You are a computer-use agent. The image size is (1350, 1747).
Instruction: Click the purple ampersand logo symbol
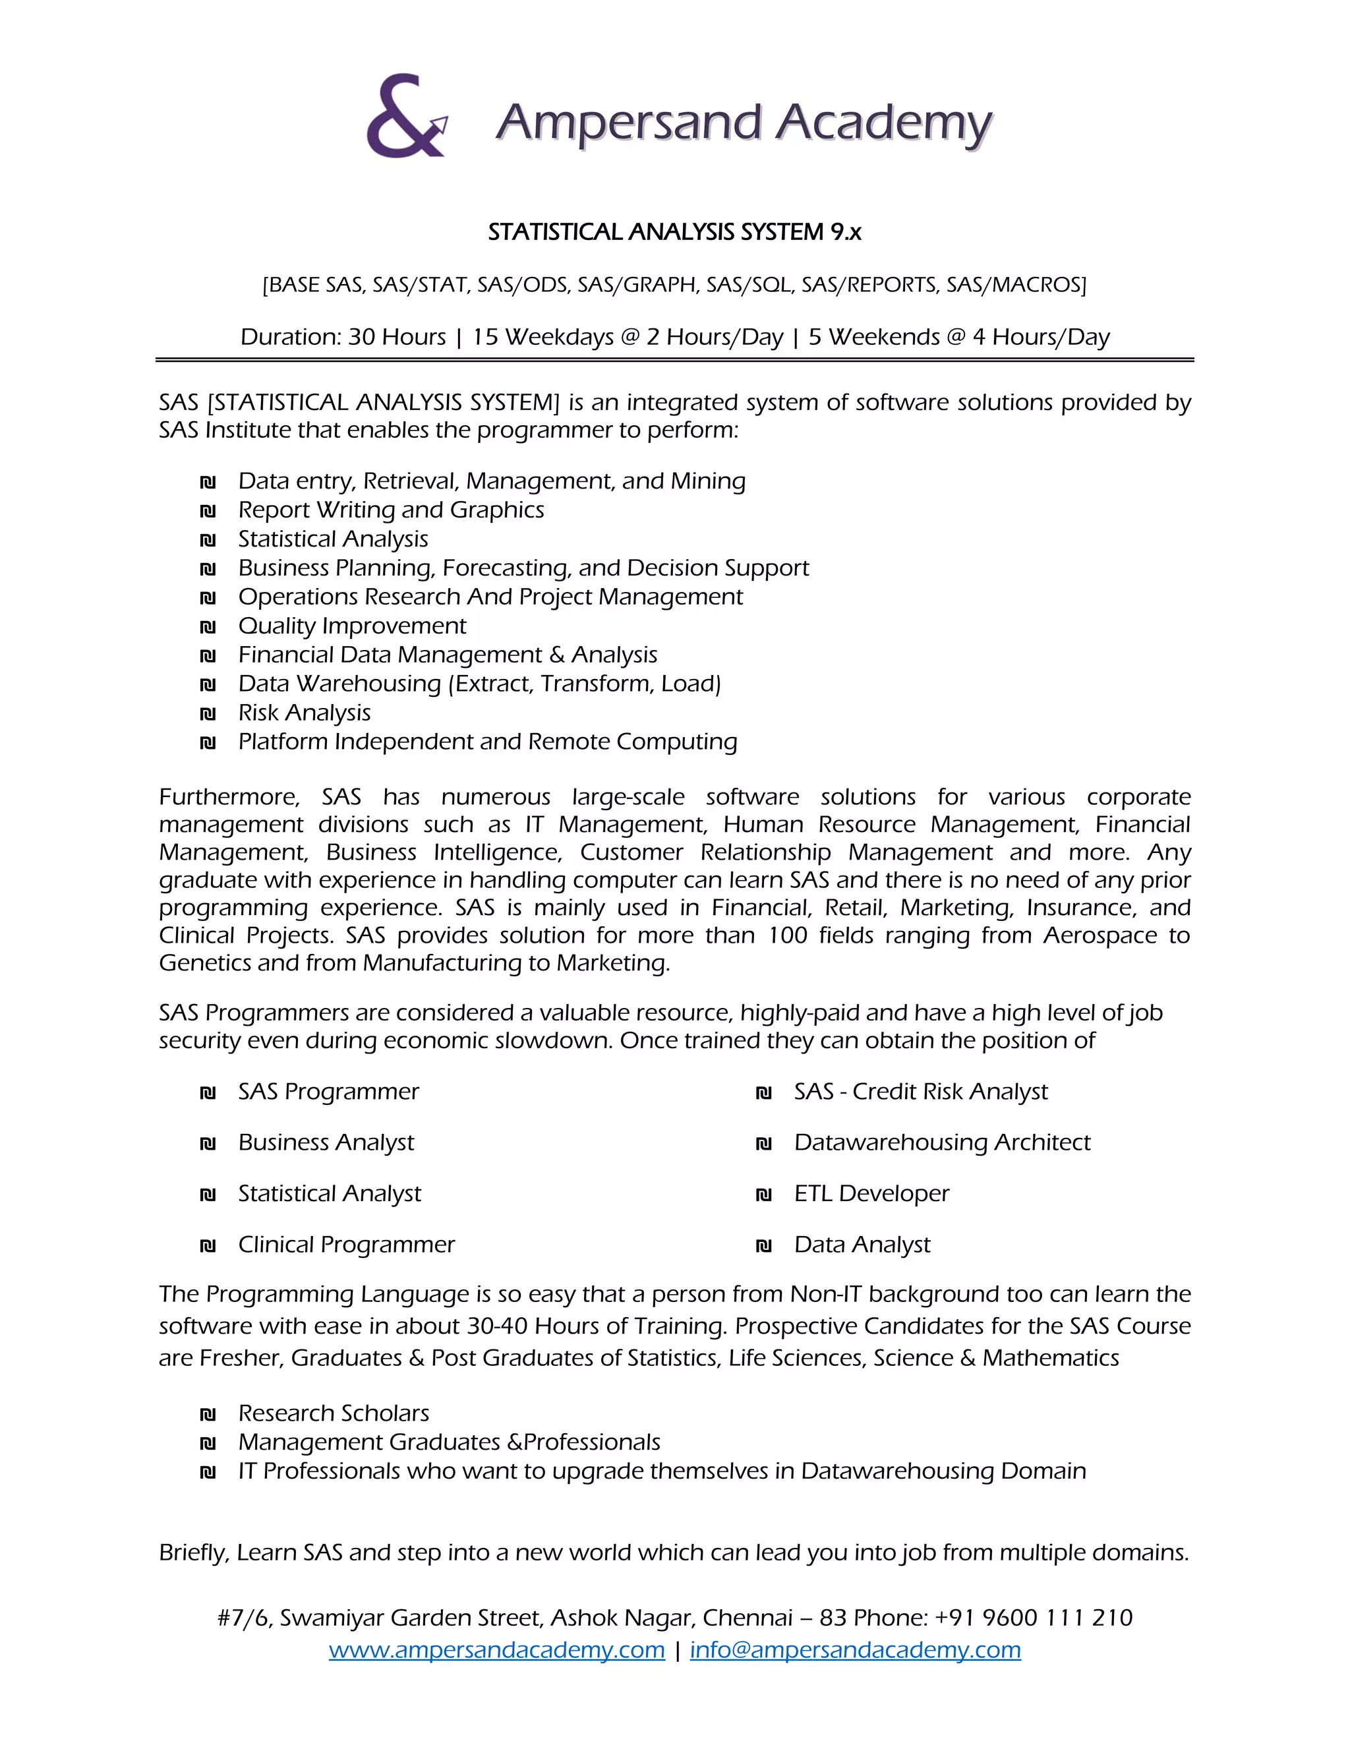point(404,117)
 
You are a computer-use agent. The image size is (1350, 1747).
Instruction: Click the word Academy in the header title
point(884,123)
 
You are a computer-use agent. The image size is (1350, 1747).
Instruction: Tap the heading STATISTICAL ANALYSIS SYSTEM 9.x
point(674,232)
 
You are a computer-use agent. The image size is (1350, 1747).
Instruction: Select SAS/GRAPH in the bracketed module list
point(637,285)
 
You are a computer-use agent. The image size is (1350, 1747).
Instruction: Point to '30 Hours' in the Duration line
point(397,337)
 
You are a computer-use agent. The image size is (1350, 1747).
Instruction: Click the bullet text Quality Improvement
point(352,626)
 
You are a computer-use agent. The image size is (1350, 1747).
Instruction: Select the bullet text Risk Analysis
point(304,713)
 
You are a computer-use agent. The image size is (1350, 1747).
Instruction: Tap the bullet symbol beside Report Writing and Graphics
point(208,511)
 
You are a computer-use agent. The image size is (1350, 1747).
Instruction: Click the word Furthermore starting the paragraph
point(229,797)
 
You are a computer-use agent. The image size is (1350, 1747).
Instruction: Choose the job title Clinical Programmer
point(345,1245)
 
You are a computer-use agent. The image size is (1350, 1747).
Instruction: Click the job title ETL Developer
point(871,1193)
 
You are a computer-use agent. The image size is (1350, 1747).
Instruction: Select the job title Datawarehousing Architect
point(941,1142)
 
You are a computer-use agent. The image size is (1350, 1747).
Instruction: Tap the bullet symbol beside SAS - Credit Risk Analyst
point(764,1092)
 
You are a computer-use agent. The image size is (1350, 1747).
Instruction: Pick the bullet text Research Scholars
point(334,1413)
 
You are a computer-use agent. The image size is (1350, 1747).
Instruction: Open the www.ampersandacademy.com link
point(496,1649)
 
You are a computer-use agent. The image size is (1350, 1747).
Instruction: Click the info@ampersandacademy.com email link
point(855,1649)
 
